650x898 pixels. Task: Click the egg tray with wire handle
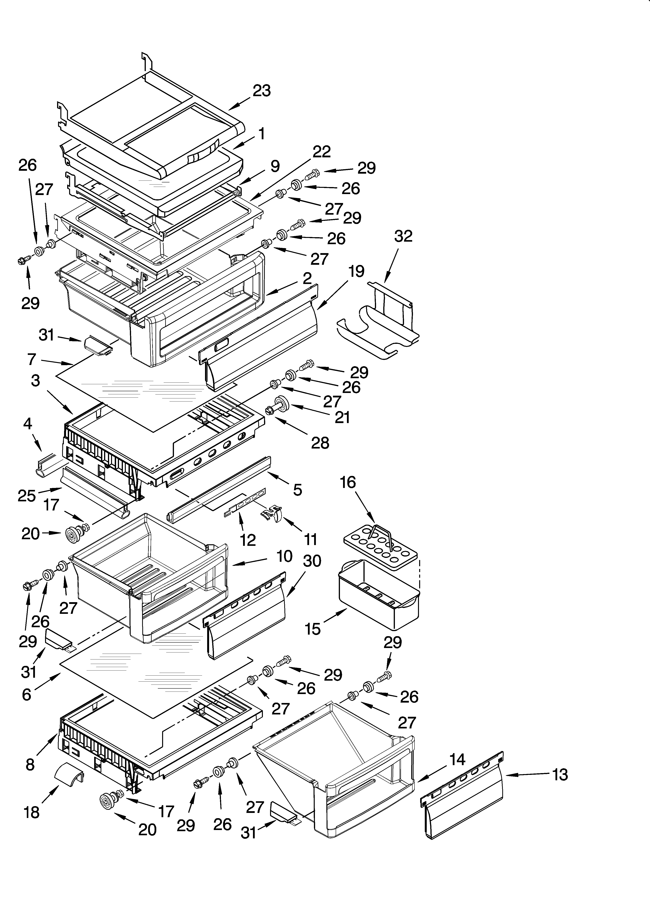[x=380, y=546]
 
